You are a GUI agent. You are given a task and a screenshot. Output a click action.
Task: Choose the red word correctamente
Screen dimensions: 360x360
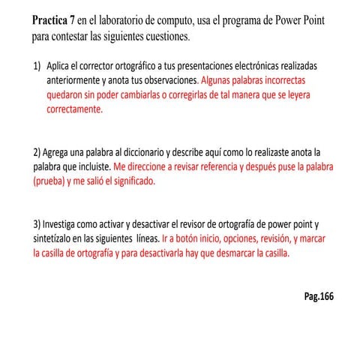(x=74, y=109)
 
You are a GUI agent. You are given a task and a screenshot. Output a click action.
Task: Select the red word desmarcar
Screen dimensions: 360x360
(x=226, y=253)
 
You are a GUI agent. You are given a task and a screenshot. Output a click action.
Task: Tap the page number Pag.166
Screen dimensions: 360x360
(x=319, y=296)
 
